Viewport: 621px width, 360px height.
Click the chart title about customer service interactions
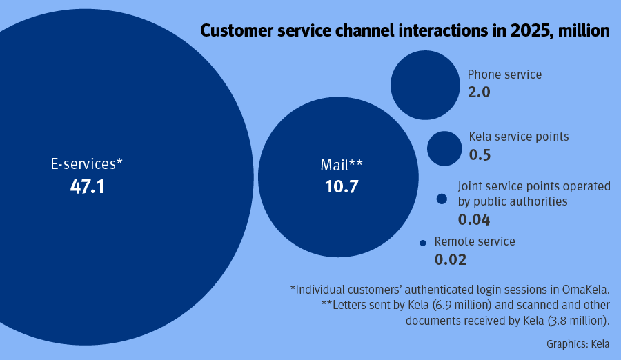404,31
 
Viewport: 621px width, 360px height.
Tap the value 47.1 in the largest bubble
87,186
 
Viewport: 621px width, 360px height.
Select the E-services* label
87,164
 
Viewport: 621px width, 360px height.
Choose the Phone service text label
504,74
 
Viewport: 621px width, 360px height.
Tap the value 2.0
479,92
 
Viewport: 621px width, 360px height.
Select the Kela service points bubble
444,148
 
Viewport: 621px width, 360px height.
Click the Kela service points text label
519,137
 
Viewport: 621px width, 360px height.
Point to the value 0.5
480,154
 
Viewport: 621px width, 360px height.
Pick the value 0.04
474,220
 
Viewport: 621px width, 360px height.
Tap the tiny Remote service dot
423,243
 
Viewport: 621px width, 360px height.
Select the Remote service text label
475,241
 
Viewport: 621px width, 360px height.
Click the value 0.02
451,260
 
